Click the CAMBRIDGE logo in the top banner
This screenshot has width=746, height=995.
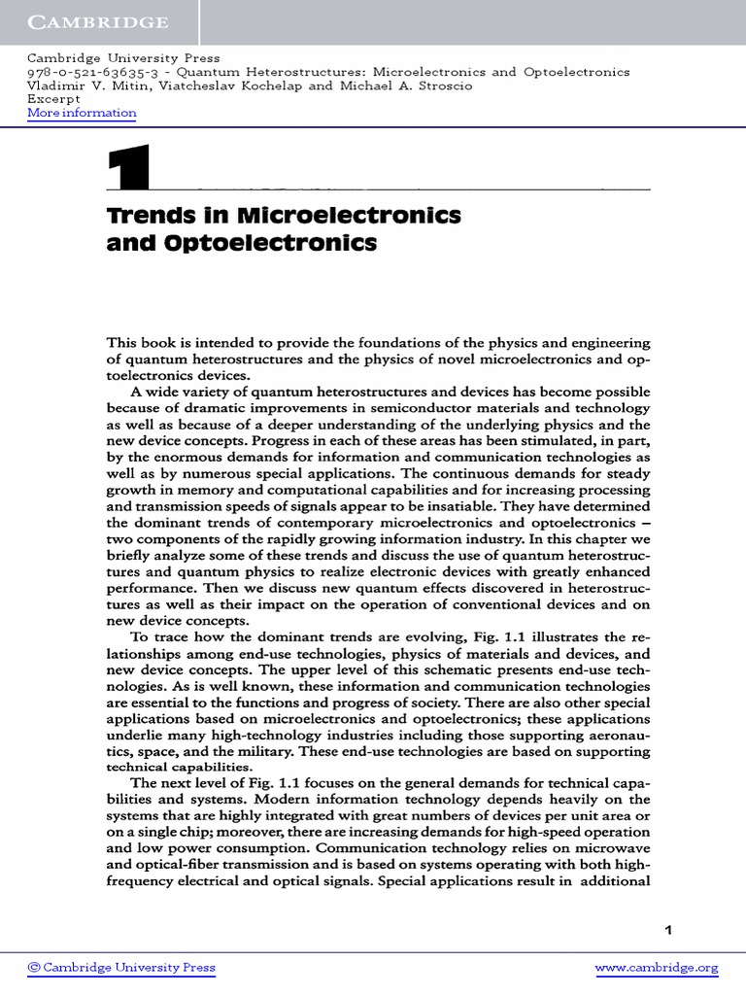click(97, 22)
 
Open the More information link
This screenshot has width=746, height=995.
click(82, 113)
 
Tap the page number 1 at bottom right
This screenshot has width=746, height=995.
click(667, 930)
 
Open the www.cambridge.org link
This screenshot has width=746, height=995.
click(656, 968)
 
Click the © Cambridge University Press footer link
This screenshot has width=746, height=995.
click(121, 968)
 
